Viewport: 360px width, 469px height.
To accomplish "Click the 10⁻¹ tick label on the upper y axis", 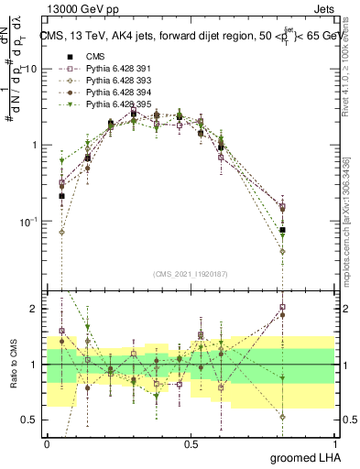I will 29,222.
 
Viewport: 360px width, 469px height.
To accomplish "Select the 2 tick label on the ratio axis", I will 35,310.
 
